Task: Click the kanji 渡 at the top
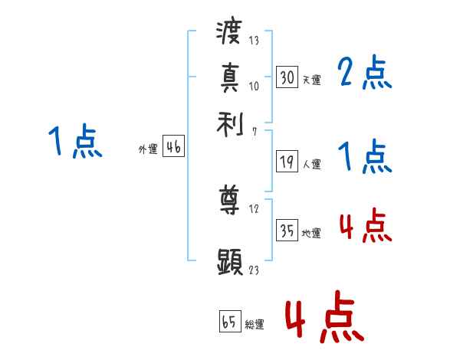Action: click(230, 33)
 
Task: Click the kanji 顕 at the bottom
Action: click(230, 260)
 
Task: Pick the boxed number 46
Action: click(173, 148)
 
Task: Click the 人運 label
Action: click(311, 164)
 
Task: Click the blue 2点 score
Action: click(364, 73)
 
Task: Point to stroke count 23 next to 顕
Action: click(253, 269)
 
